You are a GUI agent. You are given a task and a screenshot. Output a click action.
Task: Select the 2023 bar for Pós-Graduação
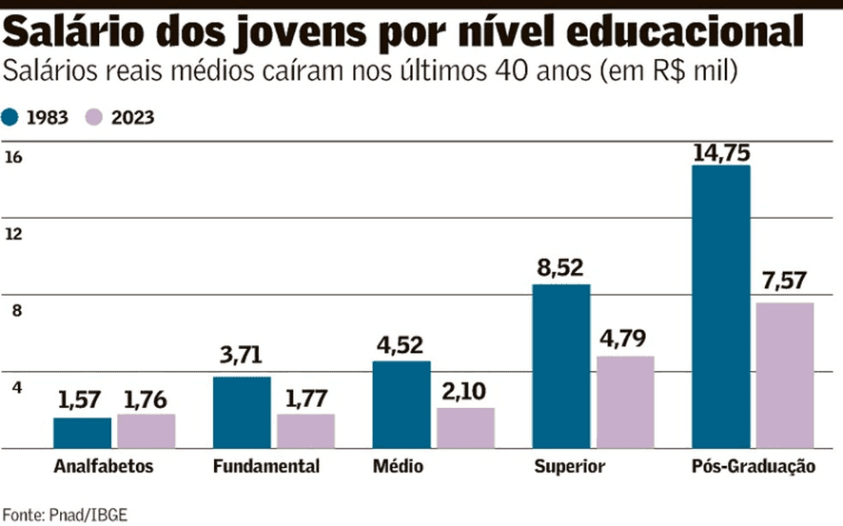(785, 375)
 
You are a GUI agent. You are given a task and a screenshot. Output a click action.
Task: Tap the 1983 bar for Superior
(561, 365)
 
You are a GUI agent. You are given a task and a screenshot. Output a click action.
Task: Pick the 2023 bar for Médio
(465, 427)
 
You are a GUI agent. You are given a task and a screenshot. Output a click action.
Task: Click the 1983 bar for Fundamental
(242, 412)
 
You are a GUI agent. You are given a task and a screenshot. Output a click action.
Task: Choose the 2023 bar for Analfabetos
(147, 430)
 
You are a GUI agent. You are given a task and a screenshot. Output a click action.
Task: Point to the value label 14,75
(721, 152)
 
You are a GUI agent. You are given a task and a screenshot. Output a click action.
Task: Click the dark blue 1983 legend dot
(11, 118)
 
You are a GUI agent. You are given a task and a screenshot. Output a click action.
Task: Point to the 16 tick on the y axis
(13, 158)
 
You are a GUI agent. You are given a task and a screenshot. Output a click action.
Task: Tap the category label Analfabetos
(104, 467)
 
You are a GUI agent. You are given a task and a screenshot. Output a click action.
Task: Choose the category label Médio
(399, 467)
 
